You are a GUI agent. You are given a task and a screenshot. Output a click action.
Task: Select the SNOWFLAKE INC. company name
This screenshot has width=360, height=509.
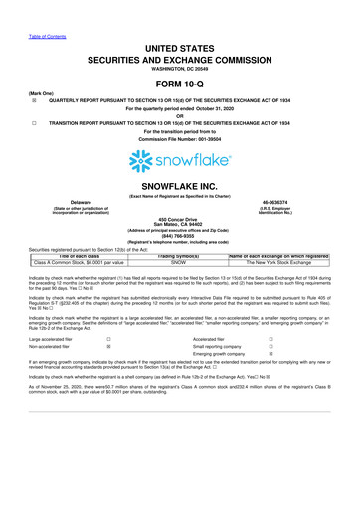point(180,186)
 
